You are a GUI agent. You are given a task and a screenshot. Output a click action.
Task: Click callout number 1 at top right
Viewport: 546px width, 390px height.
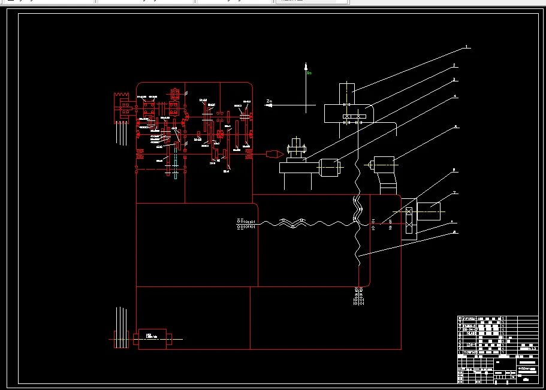(x=467, y=47)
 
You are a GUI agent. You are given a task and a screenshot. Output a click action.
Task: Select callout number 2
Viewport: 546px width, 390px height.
(x=454, y=65)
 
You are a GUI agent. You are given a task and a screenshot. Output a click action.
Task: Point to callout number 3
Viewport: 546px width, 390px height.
(x=454, y=80)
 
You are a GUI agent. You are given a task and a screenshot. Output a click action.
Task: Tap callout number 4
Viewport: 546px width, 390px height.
(x=455, y=96)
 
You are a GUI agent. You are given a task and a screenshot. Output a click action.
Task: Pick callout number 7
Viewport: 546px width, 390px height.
(x=455, y=193)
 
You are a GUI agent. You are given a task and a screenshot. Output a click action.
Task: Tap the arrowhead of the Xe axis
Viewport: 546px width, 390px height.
(x=306, y=66)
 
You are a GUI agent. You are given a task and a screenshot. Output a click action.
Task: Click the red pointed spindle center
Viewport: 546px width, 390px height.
(x=275, y=155)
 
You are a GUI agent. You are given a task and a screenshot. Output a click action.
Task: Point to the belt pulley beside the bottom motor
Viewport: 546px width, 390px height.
(x=120, y=340)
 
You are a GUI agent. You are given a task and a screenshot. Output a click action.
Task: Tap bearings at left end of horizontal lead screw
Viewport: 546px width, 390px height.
(x=246, y=223)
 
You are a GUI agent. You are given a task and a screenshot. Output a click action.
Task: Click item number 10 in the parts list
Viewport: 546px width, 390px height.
(x=460, y=319)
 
